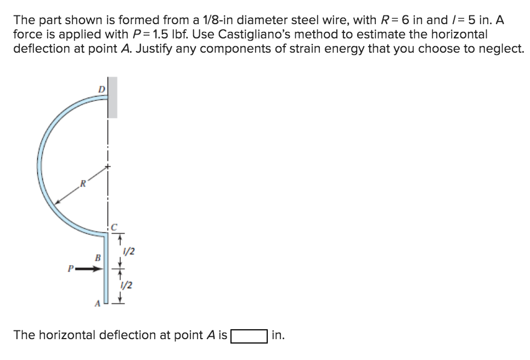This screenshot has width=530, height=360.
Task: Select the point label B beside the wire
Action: (98, 257)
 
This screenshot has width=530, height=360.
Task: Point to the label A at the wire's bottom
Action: (98, 303)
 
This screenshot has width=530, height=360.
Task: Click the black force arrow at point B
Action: (91, 269)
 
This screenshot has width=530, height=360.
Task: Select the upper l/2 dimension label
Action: (129, 252)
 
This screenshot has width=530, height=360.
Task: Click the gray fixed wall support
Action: (112, 98)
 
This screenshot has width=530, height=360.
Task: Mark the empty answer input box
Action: (249, 335)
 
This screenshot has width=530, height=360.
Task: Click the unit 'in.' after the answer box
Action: (278, 335)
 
